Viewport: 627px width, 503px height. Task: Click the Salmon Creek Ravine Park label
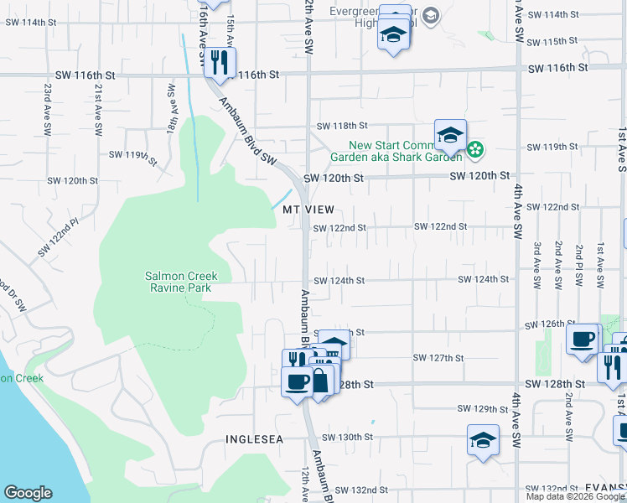[x=181, y=282]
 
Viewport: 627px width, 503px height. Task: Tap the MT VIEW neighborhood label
[x=308, y=209]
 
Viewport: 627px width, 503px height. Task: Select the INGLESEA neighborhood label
[x=251, y=439]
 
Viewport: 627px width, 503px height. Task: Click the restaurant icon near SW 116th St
[x=220, y=63]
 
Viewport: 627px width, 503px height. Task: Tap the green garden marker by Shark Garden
[x=475, y=150]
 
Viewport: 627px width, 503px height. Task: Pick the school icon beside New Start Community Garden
[x=450, y=134]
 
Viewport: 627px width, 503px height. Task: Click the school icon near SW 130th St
[x=484, y=439]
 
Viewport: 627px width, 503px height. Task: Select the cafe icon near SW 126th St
[x=582, y=340]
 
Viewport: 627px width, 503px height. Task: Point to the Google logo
[x=28, y=493]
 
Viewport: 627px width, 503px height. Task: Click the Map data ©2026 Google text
[x=576, y=496]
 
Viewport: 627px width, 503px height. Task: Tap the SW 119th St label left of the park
[x=133, y=156]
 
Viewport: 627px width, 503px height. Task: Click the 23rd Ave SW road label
[x=48, y=110]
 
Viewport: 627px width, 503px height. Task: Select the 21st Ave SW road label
[x=98, y=110]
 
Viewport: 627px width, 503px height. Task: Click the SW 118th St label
[x=342, y=126]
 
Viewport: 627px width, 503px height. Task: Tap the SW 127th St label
[x=438, y=358]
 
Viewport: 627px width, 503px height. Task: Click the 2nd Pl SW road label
[x=579, y=267]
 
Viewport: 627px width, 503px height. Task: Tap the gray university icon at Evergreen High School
[x=430, y=15]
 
